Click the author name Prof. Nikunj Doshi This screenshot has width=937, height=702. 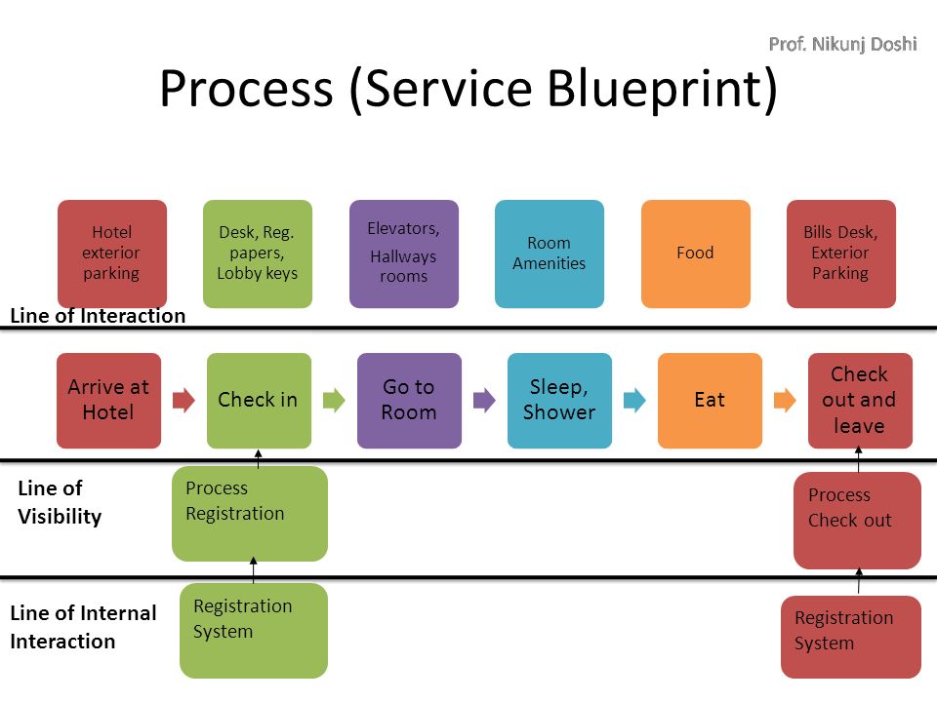(842, 44)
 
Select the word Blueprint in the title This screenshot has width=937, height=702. (662, 89)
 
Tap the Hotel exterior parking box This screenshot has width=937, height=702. (111, 253)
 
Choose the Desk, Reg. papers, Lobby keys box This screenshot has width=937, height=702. (258, 253)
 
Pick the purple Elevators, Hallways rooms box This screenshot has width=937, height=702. (404, 253)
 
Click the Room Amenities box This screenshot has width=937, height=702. (550, 253)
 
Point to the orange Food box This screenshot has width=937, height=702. (696, 253)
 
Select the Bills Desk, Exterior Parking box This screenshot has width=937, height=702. (840, 253)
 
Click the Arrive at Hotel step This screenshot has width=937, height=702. (108, 401)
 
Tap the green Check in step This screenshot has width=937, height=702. (259, 401)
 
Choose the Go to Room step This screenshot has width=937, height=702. (409, 401)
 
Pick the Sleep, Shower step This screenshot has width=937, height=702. (559, 401)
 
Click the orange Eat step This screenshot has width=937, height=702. (710, 401)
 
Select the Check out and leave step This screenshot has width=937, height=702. (860, 401)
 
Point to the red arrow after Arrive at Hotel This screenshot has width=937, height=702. (184, 400)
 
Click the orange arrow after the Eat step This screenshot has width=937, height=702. (785, 400)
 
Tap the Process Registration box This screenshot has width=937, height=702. (250, 514)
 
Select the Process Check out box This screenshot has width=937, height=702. (857, 521)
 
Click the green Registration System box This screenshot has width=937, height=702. (254, 631)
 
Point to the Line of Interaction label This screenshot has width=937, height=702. (98, 315)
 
